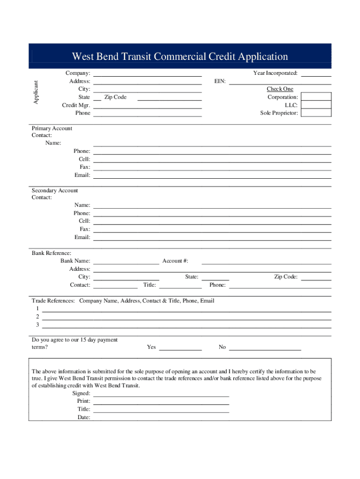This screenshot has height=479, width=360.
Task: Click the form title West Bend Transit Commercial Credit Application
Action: (x=180, y=57)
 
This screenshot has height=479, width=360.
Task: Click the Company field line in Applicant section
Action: (x=147, y=74)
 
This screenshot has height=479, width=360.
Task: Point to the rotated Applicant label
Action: (x=36, y=92)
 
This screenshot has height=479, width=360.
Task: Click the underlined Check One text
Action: (x=280, y=89)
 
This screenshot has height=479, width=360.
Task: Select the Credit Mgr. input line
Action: (x=147, y=106)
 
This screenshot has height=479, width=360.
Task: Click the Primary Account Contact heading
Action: (x=52, y=132)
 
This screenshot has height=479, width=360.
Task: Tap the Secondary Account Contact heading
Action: (x=55, y=194)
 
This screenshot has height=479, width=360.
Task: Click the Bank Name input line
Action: (x=126, y=261)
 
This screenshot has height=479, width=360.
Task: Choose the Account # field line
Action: (x=266, y=261)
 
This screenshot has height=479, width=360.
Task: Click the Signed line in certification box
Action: (x=161, y=394)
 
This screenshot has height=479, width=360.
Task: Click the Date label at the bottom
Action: (x=84, y=417)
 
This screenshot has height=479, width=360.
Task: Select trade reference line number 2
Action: (x=187, y=317)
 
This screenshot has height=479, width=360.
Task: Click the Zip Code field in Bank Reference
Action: (x=316, y=277)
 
